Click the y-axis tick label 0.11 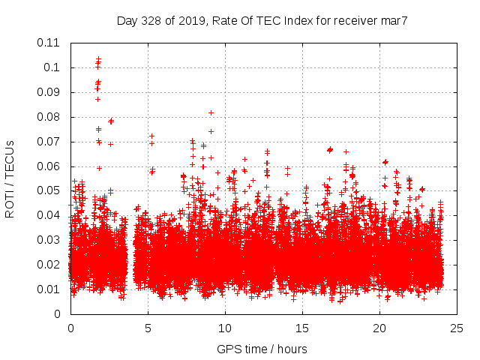coord(49,43)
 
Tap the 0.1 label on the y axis coord(53,67)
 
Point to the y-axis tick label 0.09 coord(49,92)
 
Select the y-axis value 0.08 coord(49,117)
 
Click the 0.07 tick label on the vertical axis coord(49,142)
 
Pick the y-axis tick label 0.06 coord(49,166)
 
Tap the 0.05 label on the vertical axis coord(49,190)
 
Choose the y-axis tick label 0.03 coord(49,240)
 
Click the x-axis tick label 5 coord(148,328)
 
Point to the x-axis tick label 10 coord(225,328)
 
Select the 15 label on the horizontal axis coord(302,328)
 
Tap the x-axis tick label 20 coord(379,328)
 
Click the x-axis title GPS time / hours coord(262,349)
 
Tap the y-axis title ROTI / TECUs coord(10,178)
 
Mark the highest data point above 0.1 coord(98,58)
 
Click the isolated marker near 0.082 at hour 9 coord(211,112)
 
